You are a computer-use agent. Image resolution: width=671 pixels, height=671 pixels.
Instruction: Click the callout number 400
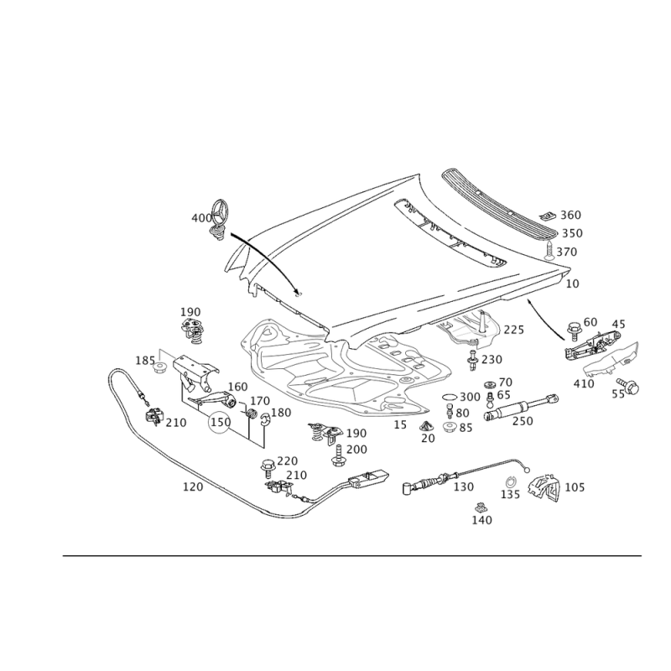coord(201,218)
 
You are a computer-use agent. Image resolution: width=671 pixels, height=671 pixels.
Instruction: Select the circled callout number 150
coord(220,423)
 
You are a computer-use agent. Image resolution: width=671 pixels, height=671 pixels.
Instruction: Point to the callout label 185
coord(143,361)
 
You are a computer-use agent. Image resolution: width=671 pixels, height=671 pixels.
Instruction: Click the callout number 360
coord(571,216)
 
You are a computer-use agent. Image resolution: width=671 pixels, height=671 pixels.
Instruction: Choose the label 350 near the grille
coord(571,233)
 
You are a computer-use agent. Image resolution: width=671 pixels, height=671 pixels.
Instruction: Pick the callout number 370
coord(568,252)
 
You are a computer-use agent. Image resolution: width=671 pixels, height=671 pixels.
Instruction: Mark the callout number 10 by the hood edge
coord(573,283)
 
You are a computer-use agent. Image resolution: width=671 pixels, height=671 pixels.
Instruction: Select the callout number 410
coord(584,383)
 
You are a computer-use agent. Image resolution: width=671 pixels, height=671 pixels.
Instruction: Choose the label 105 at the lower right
coord(575,486)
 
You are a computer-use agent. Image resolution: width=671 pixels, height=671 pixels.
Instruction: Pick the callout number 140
coord(481,520)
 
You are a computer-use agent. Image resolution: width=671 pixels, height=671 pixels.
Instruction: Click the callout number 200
coord(357,450)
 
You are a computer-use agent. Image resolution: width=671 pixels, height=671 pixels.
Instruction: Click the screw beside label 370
coord(549,250)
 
